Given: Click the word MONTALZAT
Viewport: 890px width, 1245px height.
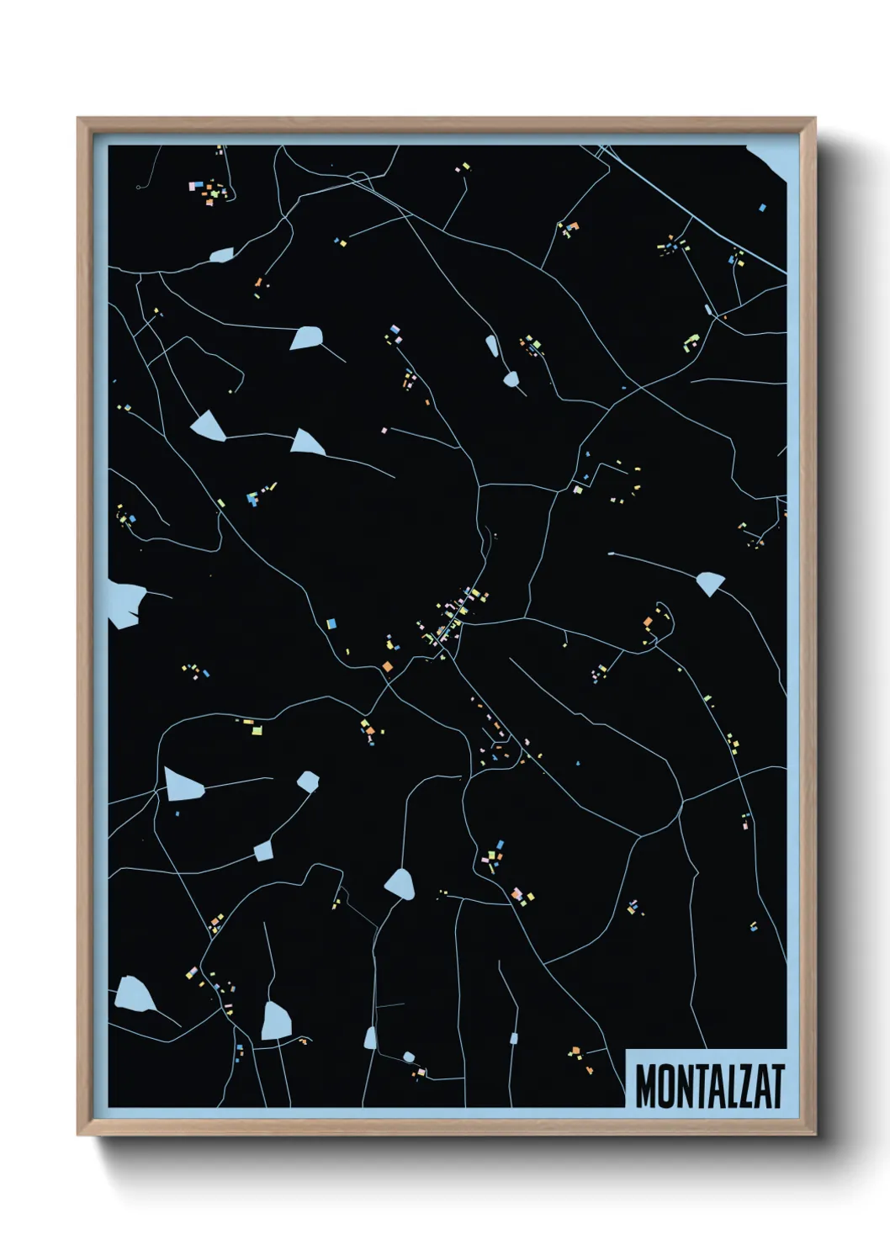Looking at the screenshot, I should (x=709, y=1086).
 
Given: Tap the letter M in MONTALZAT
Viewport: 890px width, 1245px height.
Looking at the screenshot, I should (x=645, y=1086).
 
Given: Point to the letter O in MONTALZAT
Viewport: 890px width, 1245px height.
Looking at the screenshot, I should (x=663, y=1086).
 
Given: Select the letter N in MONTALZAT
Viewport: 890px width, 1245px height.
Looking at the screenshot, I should (x=681, y=1086).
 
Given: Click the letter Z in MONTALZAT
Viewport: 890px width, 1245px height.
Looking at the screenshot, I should (x=745, y=1086).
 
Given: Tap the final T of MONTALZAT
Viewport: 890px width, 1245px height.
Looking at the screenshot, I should (x=777, y=1086).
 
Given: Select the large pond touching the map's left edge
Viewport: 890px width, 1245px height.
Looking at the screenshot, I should (x=124, y=602).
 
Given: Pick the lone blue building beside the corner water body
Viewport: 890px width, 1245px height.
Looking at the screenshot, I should (x=762, y=207).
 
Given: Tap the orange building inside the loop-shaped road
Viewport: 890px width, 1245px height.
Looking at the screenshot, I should (x=648, y=622).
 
